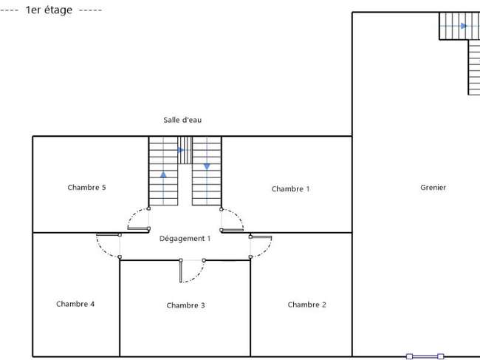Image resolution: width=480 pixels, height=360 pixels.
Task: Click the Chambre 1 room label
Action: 290,189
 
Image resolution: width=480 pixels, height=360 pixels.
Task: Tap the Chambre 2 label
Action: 306,305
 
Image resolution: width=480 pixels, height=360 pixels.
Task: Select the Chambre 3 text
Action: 186,305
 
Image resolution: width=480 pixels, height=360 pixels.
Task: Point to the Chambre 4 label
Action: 75,304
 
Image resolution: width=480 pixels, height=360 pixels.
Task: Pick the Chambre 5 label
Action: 86,187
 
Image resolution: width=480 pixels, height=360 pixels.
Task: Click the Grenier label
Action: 433,187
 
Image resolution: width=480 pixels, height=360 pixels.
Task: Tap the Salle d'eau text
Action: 182,120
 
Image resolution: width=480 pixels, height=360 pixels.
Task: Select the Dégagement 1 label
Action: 185,238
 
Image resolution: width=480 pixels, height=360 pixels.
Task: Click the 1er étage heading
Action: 49,10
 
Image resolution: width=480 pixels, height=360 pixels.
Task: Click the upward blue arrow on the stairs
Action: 163,174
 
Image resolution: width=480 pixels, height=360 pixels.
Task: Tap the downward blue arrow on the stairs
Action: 207,166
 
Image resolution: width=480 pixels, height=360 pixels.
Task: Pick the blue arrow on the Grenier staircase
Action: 464,26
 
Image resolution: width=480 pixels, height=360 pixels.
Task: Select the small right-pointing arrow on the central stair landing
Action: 181,150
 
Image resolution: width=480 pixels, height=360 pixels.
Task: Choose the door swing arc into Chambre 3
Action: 198,276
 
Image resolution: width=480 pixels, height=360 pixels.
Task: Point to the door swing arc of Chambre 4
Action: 102,251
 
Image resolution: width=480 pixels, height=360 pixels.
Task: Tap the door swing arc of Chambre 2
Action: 266,251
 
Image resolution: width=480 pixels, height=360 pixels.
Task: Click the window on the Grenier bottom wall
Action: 425,356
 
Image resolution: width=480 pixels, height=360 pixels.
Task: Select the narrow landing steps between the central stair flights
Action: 185,150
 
